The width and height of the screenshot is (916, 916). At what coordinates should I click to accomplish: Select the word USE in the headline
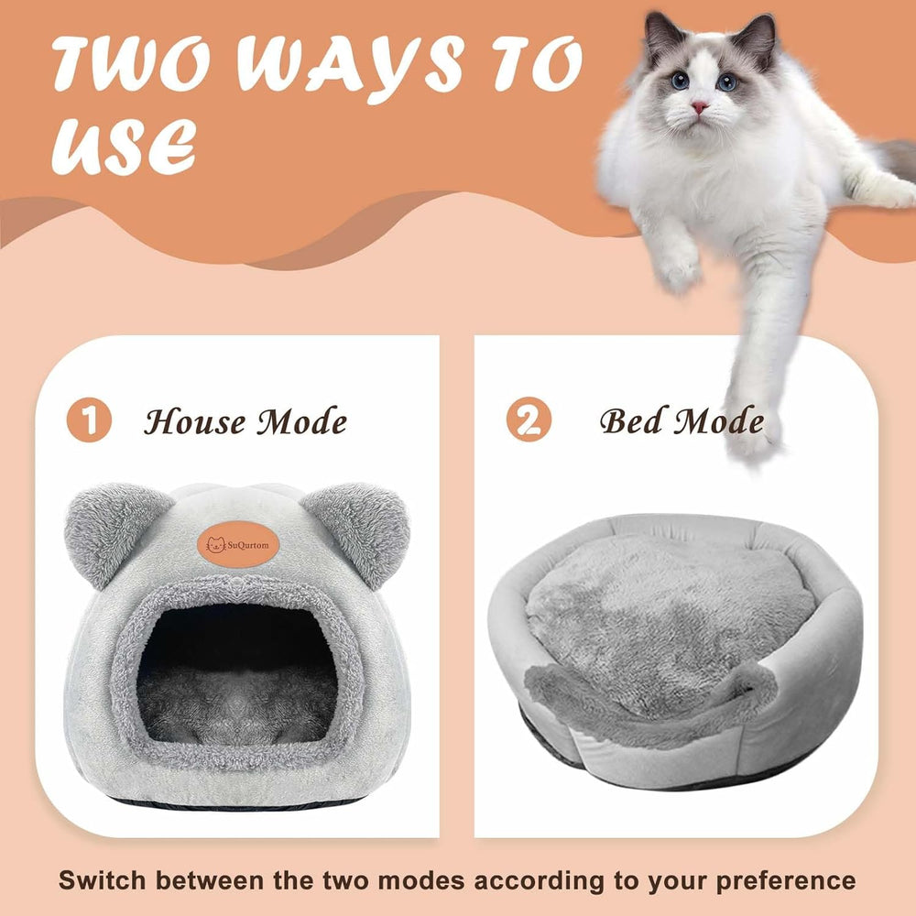coord(124,147)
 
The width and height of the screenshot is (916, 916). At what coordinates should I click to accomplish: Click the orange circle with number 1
coord(89,420)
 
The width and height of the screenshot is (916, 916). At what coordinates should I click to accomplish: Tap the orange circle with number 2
coord(529,419)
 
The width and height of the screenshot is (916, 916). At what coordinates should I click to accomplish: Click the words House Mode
coord(245,421)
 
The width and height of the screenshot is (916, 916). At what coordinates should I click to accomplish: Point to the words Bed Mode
coord(682,420)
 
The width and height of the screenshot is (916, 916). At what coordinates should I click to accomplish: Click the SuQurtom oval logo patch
coord(238,545)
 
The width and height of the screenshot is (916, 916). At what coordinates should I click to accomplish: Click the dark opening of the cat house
coord(236,671)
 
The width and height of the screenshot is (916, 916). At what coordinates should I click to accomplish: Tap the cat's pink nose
coord(699,107)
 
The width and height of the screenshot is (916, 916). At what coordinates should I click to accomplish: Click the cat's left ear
coord(663,35)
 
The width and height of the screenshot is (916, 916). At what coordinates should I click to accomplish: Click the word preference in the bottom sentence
coord(786,881)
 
